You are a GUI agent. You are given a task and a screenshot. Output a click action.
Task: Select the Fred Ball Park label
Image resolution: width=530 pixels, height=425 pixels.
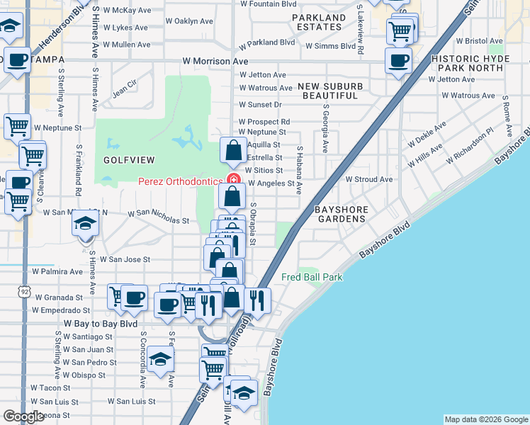pos(312,277)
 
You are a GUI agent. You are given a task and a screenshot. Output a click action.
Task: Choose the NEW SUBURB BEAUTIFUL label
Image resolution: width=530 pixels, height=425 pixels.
pos(327,91)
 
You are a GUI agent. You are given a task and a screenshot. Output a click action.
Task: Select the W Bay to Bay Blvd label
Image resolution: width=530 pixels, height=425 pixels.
pos(101,323)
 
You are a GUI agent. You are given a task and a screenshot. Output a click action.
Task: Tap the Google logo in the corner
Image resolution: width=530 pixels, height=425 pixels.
pos(23,416)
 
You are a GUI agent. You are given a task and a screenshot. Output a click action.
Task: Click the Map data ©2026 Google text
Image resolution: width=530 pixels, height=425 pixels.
pos(486,419)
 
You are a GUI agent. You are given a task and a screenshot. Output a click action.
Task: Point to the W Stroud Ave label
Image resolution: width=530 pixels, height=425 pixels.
pos(368,180)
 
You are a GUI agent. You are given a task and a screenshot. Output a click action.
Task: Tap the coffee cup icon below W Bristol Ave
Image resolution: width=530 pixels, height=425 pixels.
pos(397,60)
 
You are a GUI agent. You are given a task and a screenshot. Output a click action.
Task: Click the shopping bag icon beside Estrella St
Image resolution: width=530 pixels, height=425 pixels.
pos(233,150)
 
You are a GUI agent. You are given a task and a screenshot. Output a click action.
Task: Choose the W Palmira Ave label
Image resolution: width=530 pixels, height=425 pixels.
pos(57,271)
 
